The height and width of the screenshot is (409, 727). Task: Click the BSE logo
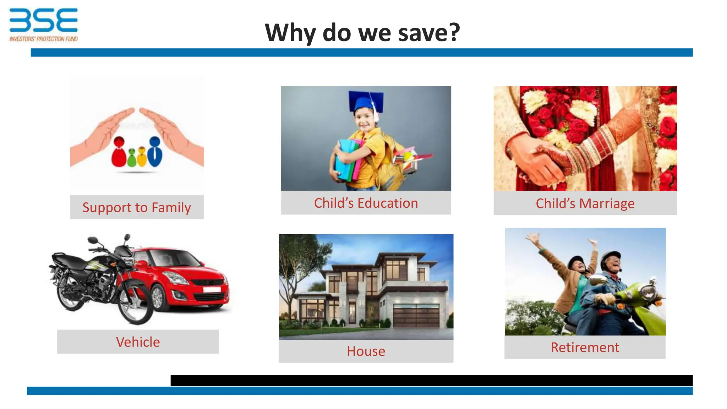tap(43, 20)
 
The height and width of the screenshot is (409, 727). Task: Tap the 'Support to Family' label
tap(137, 207)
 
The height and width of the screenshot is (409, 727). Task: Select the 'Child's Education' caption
tap(366, 203)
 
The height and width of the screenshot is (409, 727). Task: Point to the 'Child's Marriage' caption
tap(585, 203)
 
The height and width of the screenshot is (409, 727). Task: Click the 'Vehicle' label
tap(138, 342)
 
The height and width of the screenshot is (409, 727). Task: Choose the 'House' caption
tap(366, 351)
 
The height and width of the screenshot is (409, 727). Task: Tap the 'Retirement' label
tap(585, 347)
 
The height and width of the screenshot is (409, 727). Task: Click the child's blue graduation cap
tap(366, 100)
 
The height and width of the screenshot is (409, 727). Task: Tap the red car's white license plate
tap(212, 289)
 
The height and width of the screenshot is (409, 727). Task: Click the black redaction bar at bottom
tap(431, 380)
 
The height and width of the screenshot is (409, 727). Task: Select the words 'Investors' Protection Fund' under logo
tap(43, 39)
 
